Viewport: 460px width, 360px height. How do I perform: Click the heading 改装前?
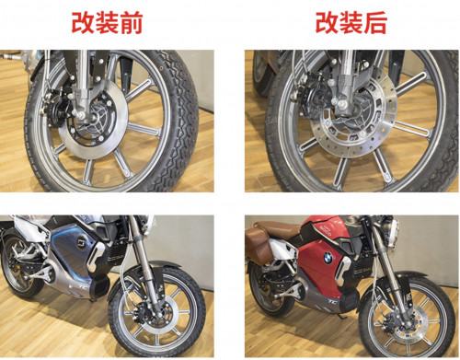coord(107,22)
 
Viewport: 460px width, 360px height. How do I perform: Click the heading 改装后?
coord(351,22)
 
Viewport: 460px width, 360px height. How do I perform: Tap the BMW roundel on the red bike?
coord(328,258)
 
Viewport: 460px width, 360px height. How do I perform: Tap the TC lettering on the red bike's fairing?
coord(333,301)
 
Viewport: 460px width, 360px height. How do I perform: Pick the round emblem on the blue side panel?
coord(82,239)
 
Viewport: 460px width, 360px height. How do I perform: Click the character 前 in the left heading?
coord(132,22)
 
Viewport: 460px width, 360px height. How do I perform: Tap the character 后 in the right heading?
coord(375,22)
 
